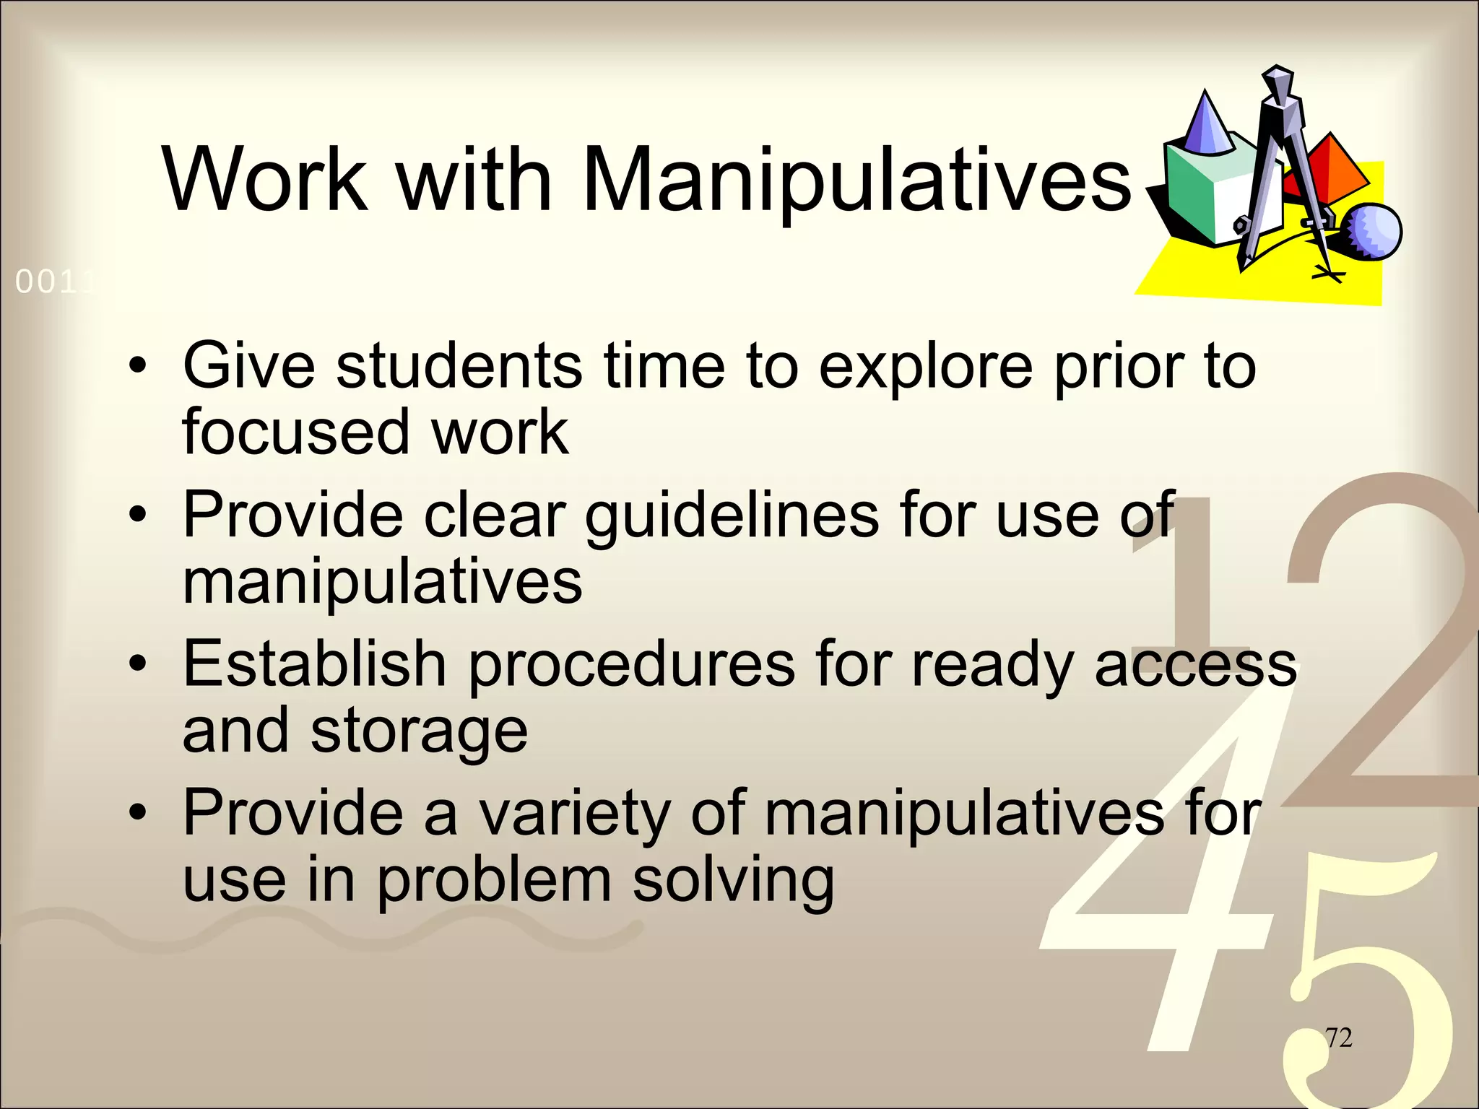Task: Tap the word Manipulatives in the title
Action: [x=856, y=181]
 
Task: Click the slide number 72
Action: [x=1338, y=1038]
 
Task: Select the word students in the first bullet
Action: [x=459, y=366]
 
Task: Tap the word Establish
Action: [x=314, y=664]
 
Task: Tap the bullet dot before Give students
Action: [x=138, y=368]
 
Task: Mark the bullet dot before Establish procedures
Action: [x=138, y=664]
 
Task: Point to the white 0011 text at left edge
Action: [x=54, y=282]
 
